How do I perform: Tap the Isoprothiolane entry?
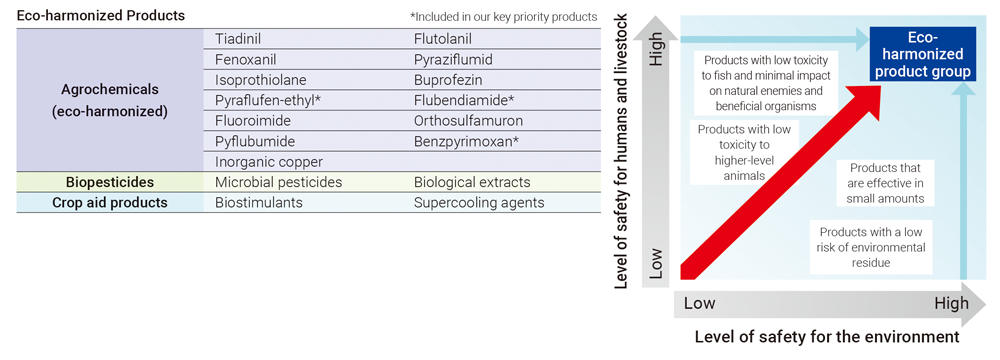tap(261, 80)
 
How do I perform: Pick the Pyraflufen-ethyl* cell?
tap(268, 100)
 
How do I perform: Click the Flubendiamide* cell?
tap(464, 100)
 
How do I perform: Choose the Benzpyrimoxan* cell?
tap(466, 141)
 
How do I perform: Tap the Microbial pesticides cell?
tap(279, 182)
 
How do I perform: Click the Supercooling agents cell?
tap(479, 202)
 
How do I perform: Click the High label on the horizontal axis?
tap(951, 303)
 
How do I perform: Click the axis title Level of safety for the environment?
tap(827, 338)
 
